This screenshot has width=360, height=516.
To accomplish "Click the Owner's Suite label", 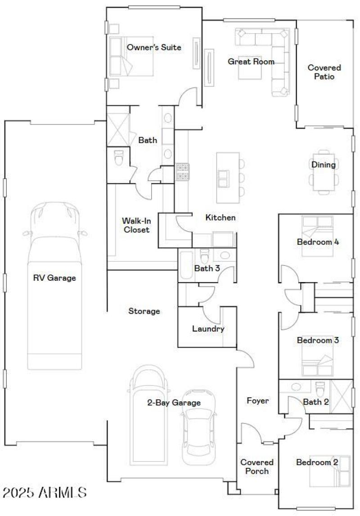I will click(x=154, y=47).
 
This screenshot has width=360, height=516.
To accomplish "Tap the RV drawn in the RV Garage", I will click(x=55, y=288).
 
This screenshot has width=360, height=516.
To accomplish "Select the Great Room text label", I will click(x=251, y=62).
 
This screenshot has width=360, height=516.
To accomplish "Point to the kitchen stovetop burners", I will click(x=183, y=171).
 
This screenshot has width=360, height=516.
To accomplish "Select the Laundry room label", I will click(x=208, y=329).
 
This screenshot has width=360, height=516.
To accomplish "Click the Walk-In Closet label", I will click(x=135, y=225).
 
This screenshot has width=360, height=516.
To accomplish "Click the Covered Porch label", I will click(x=257, y=467).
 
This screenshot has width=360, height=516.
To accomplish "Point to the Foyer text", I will click(x=257, y=400).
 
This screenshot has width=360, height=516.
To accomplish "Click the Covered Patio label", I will click(x=324, y=72).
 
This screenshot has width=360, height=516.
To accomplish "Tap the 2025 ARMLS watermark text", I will click(x=44, y=492).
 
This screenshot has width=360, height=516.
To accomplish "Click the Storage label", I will click(x=144, y=311).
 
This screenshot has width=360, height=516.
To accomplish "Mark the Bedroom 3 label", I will click(x=317, y=340).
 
